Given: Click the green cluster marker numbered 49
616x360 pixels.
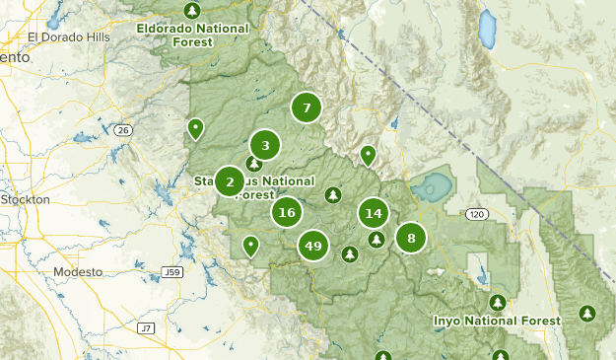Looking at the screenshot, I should (314, 246).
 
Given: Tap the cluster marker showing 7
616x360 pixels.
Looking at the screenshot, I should (307, 108).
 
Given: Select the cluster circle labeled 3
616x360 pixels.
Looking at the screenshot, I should (265, 146).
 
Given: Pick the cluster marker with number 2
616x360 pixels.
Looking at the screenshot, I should (230, 181).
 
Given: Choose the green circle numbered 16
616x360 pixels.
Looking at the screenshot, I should (287, 212).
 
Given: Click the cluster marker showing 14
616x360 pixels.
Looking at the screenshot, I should (373, 213).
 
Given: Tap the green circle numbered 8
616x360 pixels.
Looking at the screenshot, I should (411, 238).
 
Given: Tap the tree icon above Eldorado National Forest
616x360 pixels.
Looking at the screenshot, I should (192, 11).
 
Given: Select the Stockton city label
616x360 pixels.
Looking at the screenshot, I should (26, 199).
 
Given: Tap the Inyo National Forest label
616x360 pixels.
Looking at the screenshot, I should (497, 321).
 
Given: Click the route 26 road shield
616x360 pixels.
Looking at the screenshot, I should (122, 129).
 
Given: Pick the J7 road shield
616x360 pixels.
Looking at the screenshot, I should (147, 327).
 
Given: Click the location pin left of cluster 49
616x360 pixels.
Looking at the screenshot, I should (251, 245).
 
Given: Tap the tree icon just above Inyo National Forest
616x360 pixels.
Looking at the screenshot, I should (497, 302).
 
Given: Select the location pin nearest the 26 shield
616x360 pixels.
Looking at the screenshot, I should (195, 127).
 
